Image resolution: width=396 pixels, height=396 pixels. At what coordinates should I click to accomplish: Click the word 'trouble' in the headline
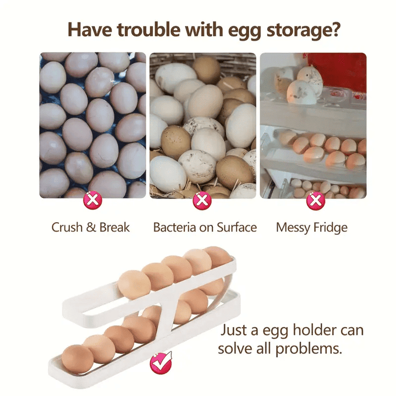click(x=149, y=30)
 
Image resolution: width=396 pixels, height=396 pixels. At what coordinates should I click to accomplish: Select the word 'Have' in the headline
click(x=90, y=30)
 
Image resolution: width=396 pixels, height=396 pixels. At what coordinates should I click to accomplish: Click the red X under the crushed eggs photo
click(x=93, y=200)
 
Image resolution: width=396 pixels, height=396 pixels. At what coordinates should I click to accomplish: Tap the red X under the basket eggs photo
click(x=202, y=201)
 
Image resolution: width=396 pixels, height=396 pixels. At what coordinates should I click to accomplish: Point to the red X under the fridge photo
click(x=316, y=201)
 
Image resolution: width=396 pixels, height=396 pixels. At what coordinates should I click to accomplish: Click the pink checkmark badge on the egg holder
click(x=161, y=363)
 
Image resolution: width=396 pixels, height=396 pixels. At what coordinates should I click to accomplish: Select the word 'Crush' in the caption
click(x=67, y=227)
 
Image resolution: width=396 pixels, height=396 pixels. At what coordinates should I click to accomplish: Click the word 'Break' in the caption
click(x=114, y=227)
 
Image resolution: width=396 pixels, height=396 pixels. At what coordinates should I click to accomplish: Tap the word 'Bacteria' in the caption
click(x=175, y=227)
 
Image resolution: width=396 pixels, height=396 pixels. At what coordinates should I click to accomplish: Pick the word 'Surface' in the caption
click(x=237, y=227)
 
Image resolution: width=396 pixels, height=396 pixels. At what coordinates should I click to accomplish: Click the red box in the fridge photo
click(x=337, y=72)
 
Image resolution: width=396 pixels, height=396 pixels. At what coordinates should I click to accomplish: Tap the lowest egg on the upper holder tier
click(x=134, y=285)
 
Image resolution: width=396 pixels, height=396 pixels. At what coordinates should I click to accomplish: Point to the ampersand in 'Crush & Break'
click(x=91, y=227)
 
